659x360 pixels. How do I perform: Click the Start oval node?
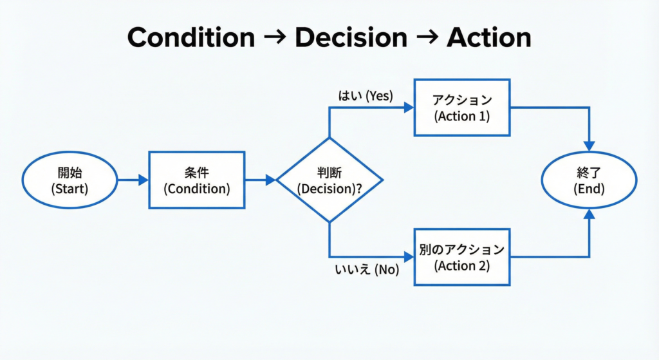click(70, 180)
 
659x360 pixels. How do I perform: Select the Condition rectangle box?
click(196, 180)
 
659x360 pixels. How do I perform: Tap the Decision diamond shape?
click(329, 180)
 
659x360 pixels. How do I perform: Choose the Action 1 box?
click(462, 108)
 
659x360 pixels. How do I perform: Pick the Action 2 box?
click(462, 257)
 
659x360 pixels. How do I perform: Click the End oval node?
click(590, 180)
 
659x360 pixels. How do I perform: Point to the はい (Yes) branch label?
click(366, 95)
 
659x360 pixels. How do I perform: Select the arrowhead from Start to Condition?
click(143, 180)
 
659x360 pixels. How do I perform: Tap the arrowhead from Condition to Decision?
click(271, 180)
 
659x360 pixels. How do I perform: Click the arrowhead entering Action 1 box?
click(408, 108)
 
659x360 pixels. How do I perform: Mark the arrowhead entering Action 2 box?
click(408, 257)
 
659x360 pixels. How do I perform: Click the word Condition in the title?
click(191, 38)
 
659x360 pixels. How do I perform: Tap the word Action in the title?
click(489, 38)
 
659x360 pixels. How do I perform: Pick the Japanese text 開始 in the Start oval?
click(70, 173)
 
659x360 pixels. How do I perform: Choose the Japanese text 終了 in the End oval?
click(590, 173)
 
